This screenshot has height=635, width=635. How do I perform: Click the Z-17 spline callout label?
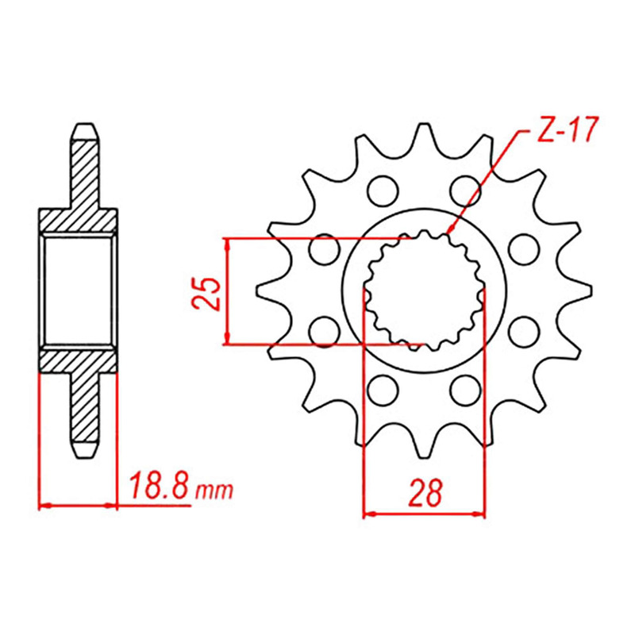(567, 130)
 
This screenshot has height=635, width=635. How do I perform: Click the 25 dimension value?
(206, 294)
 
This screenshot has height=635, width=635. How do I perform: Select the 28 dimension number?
(425, 492)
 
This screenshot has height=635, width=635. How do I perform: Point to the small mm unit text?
(214, 491)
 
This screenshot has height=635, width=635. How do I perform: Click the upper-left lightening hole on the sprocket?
(383, 190)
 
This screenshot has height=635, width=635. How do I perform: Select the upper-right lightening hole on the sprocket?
(466, 190)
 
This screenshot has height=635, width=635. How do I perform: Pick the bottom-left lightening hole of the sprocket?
(383, 390)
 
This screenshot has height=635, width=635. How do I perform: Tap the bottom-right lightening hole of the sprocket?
(466, 390)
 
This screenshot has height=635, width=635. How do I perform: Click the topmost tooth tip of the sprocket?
(424, 125)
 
